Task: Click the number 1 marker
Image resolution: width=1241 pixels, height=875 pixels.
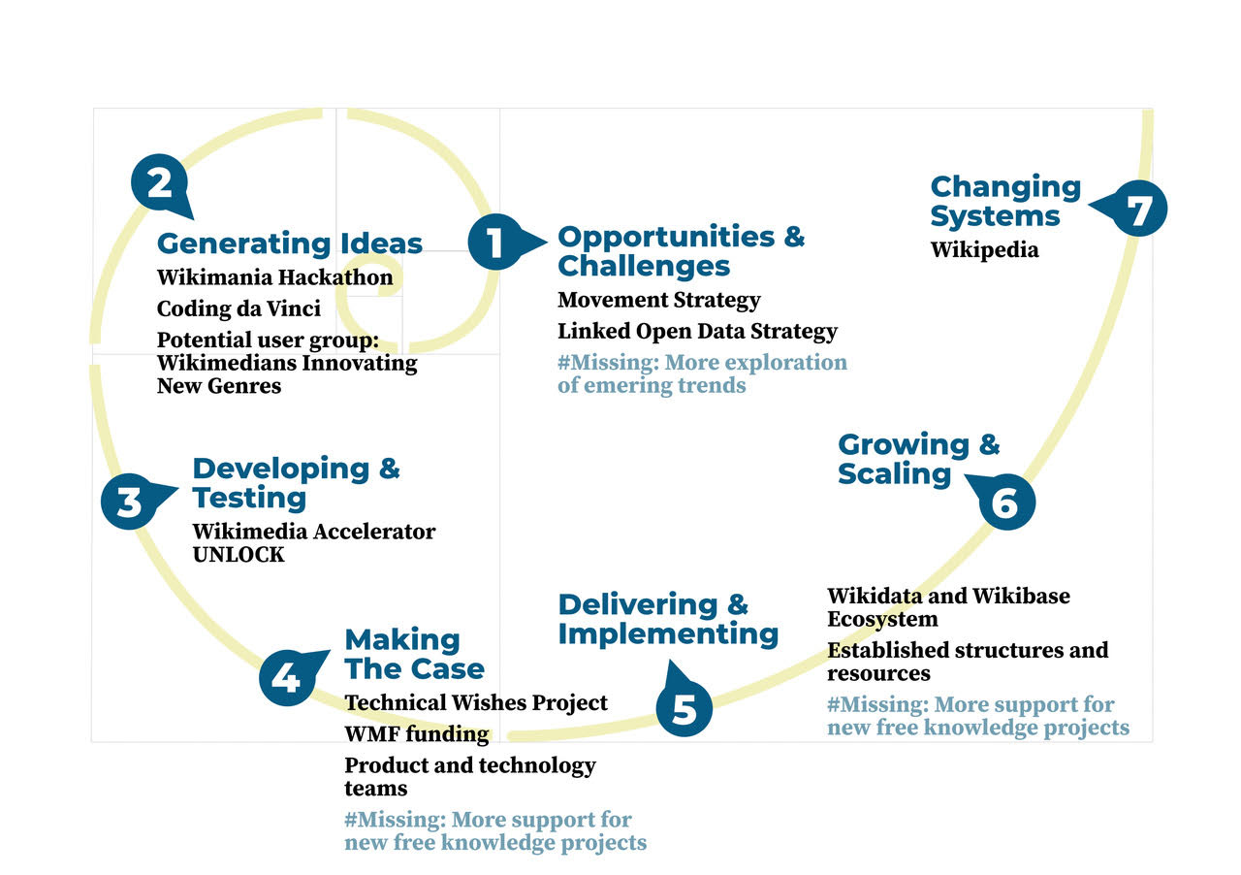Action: click(496, 242)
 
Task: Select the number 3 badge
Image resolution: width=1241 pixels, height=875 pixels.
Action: click(130, 502)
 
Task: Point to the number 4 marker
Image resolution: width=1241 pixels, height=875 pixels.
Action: click(288, 677)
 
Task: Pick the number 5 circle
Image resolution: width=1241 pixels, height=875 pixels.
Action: click(684, 707)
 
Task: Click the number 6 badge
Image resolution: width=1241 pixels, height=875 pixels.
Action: click(1006, 502)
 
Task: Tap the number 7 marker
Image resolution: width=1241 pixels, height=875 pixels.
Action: click(1138, 209)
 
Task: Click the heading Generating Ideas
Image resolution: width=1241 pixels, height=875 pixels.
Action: click(290, 243)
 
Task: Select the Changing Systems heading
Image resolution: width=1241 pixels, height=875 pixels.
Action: click(1005, 201)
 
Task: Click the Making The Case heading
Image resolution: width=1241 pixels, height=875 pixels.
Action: click(414, 654)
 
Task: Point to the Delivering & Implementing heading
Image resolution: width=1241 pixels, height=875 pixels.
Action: click(668, 619)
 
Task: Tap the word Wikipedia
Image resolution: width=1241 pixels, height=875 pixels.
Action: click(984, 250)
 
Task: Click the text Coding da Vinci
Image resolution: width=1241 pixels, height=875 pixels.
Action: click(239, 308)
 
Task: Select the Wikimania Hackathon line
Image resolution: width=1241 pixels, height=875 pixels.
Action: click(275, 277)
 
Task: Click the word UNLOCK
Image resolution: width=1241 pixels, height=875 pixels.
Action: click(239, 555)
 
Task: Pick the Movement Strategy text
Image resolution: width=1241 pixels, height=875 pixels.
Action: click(659, 300)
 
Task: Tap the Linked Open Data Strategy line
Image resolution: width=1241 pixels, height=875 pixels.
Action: click(697, 331)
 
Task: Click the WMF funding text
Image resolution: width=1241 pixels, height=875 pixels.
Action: click(417, 734)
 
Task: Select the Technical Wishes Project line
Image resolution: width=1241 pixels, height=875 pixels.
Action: click(476, 702)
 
